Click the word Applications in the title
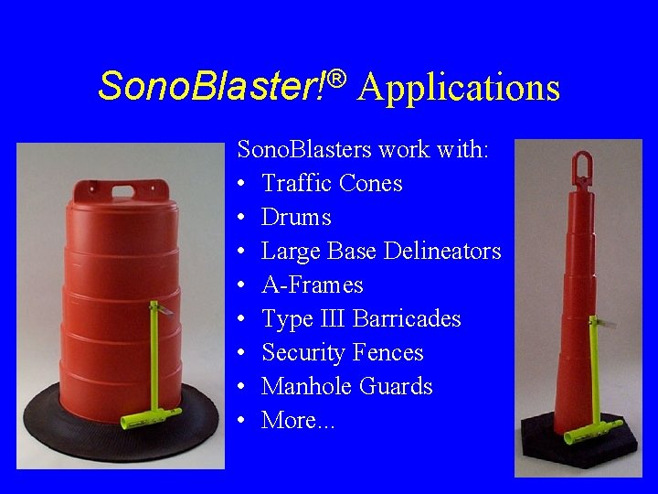pos(459,88)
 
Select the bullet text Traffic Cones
pos(332,183)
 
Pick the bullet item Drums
pos(296,217)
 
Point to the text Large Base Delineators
pos(381,251)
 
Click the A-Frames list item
pos(312,285)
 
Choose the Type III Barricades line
pos(361,318)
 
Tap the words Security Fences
pos(342,352)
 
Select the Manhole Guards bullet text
pos(346,386)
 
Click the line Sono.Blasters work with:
pos(364,149)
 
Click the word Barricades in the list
pos(406,318)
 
